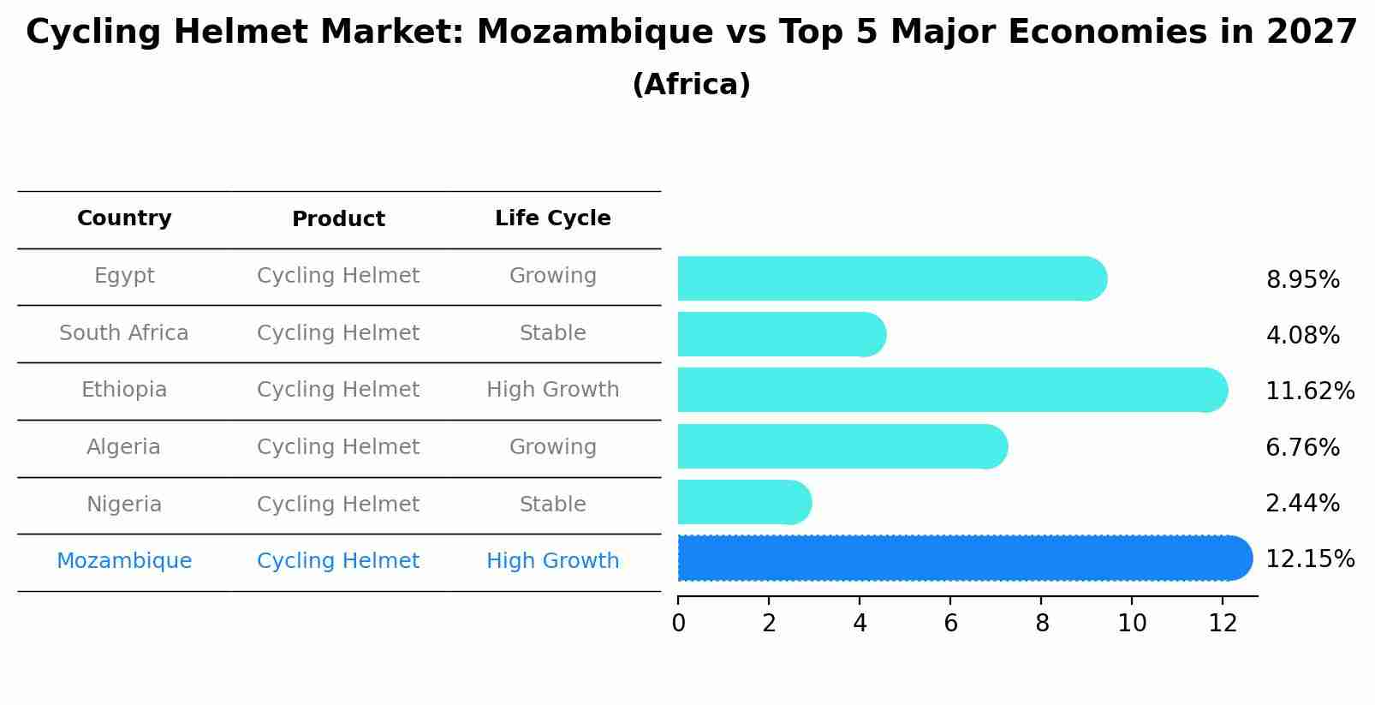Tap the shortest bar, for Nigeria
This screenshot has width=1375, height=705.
pyautogui.click(x=741, y=503)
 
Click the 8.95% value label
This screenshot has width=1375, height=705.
pyautogui.click(x=1302, y=280)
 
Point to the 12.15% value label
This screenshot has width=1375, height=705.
pyautogui.click(x=1309, y=559)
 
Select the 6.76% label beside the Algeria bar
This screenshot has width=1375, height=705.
pyautogui.click(x=1302, y=448)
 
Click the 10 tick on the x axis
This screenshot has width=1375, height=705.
pyautogui.click(x=1132, y=624)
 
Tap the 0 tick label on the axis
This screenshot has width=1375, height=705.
pyautogui.click(x=678, y=624)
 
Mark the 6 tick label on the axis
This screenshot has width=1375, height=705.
pyautogui.click(x=950, y=624)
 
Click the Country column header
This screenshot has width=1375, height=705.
pyautogui.click(x=124, y=218)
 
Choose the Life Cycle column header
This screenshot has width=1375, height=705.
pyautogui.click(x=552, y=218)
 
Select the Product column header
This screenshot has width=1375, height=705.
pyautogui.click(x=338, y=219)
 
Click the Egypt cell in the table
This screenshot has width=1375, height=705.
pyautogui.click(x=124, y=276)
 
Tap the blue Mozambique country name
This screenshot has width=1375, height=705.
pyautogui.click(x=124, y=561)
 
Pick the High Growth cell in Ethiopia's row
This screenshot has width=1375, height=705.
pyautogui.click(x=552, y=390)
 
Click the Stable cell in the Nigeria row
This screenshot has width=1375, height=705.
pyautogui.click(x=552, y=505)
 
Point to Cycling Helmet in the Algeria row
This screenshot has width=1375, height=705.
pyautogui.click(x=338, y=447)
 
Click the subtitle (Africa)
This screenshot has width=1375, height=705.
pyautogui.click(x=691, y=85)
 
